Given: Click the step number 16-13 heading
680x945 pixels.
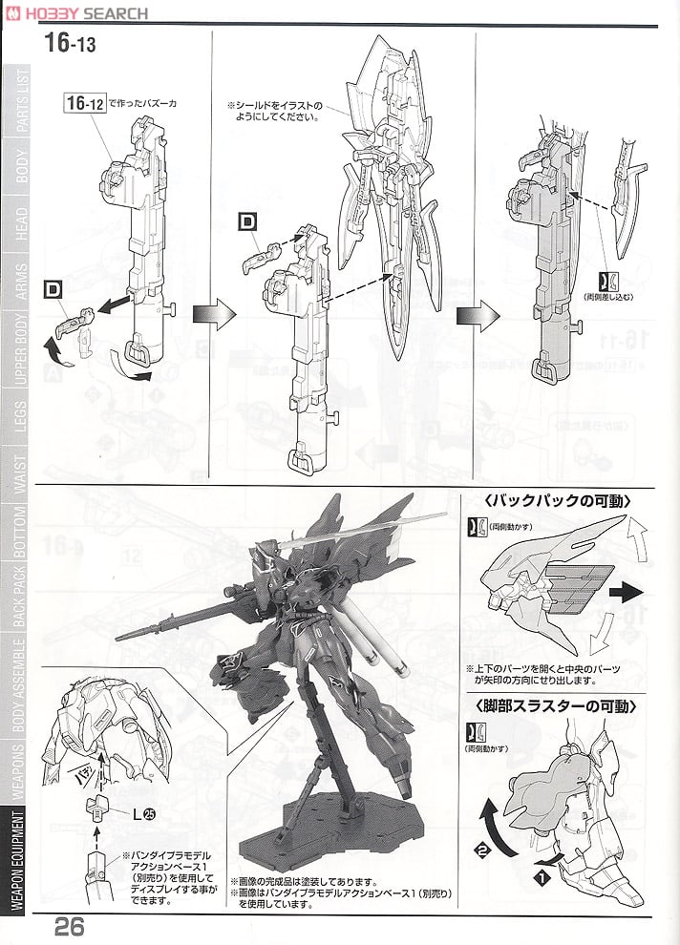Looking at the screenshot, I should [x=73, y=43].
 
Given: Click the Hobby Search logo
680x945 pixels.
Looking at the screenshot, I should [x=76, y=12].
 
